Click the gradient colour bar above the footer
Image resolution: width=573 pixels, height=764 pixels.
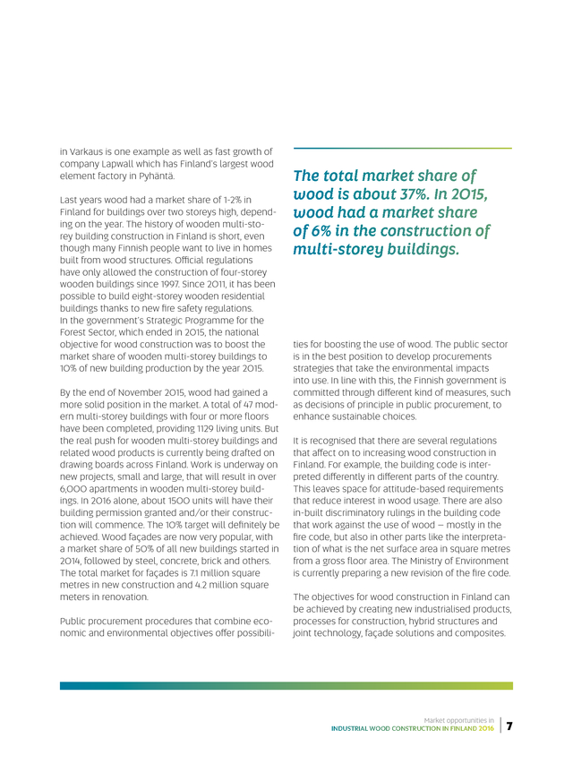286,686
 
